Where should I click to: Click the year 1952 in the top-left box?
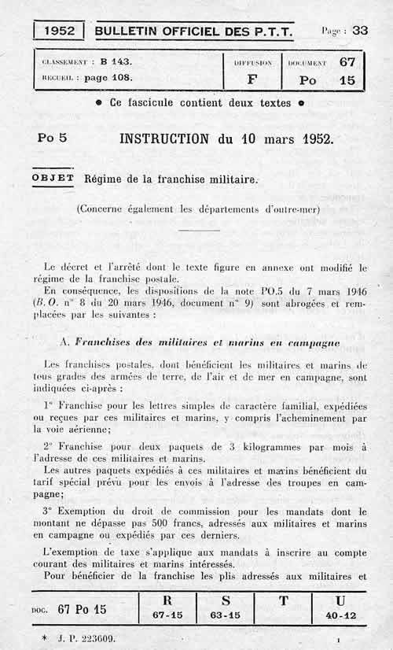click(60, 31)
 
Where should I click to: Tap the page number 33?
click(360, 30)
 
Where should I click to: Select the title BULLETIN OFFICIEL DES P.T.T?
click(193, 31)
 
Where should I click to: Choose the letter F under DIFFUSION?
click(252, 79)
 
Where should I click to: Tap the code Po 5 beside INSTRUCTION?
click(52, 138)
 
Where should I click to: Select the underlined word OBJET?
click(53, 178)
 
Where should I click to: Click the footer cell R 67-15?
click(167, 608)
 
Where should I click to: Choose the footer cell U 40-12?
click(340, 608)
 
